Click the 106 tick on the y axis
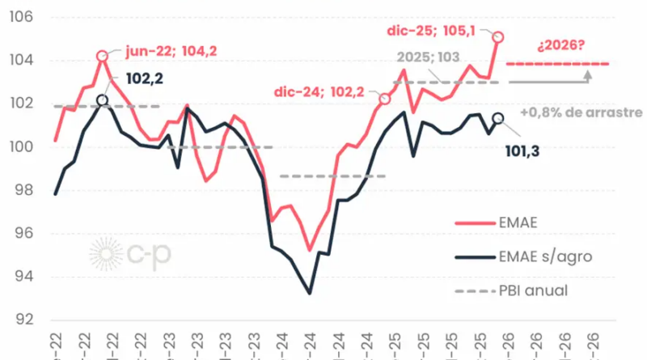pyautogui.click(x=21, y=17)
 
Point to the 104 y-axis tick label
pyautogui.click(x=21, y=61)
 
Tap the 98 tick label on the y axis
pyautogui.click(x=23, y=190)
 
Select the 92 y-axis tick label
pyautogui.click(x=23, y=320)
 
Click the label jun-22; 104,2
pyautogui.click(x=171, y=51)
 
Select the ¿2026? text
pyautogui.click(x=560, y=45)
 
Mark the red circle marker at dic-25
pyautogui.click(x=498, y=37)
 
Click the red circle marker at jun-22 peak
pyautogui.click(x=102, y=57)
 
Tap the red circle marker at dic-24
pyautogui.click(x=385, y=99)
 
